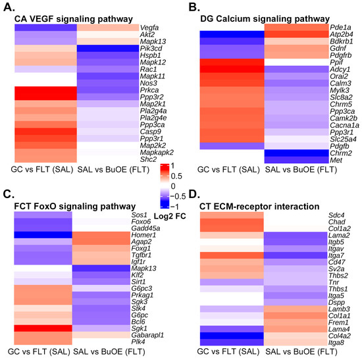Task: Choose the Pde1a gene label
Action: click(338, 27)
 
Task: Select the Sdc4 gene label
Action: click(336, 215)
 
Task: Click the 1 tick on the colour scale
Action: click(172, 165)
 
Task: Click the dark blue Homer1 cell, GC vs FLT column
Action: click(42, 234)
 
